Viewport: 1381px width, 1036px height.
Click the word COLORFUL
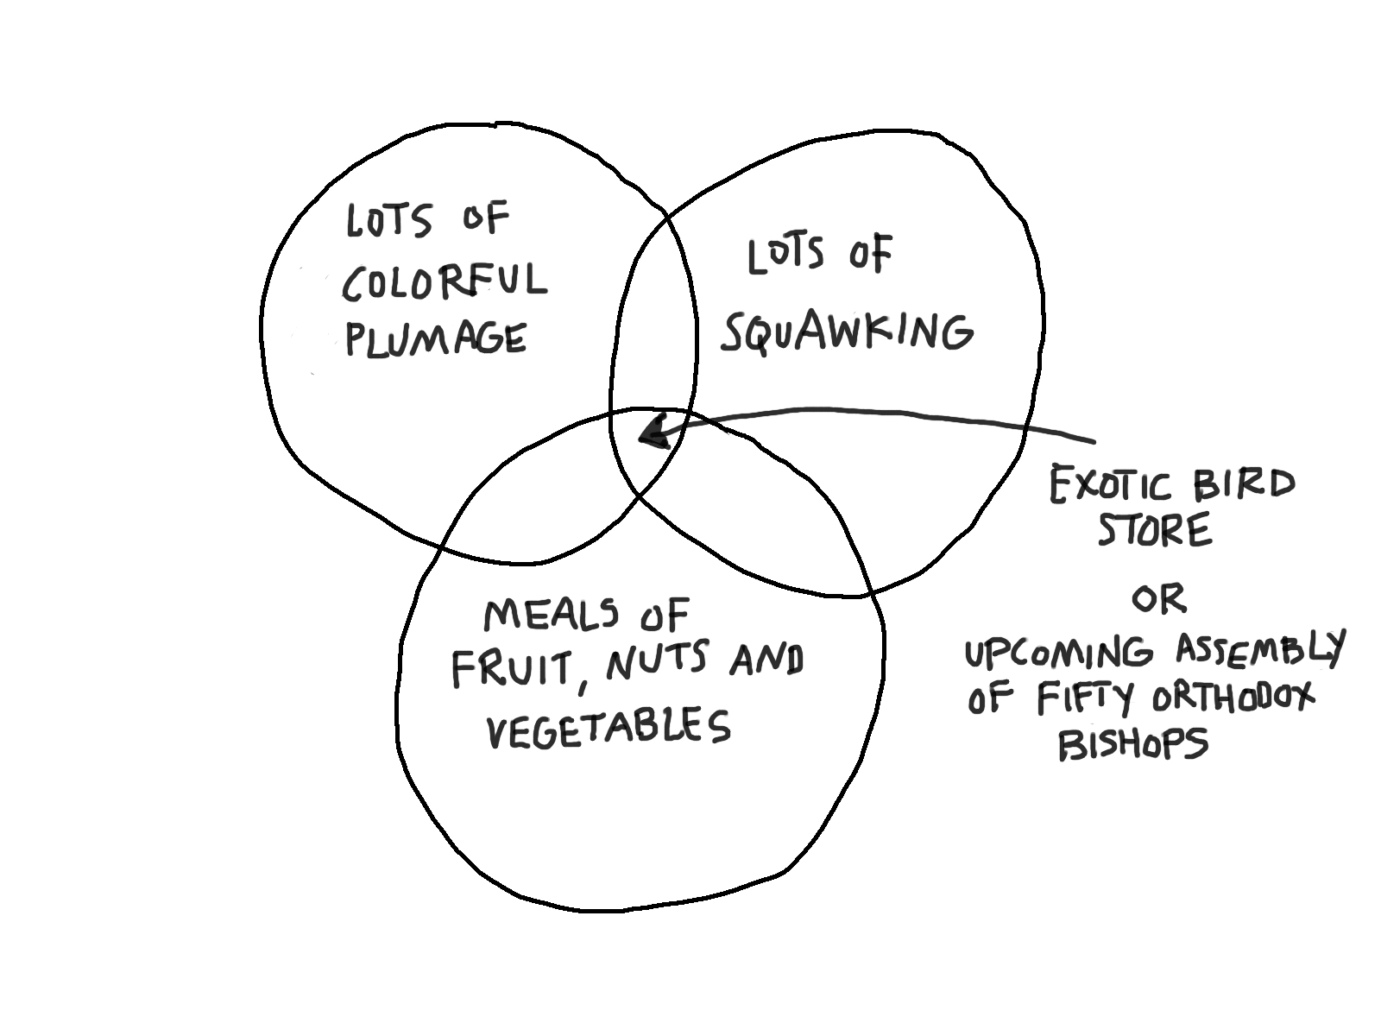[x=445, y=282]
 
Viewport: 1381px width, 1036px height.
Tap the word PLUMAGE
[x=436, y=338]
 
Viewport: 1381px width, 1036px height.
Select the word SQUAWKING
[x=847, y=332]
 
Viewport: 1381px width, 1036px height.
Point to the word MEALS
[x=551, y=615]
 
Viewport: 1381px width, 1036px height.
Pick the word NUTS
[x=657, y=661]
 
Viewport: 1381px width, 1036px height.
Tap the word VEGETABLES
[x=609, y=728]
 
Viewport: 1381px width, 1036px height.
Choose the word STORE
[x=1154, y=530]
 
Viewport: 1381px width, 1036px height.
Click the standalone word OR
[x=1158, y=598]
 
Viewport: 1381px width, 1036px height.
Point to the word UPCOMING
[x=1058, y=654]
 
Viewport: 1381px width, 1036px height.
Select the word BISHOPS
[x=1132, y=743]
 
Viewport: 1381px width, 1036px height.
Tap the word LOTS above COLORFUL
[x=388, y=220]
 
